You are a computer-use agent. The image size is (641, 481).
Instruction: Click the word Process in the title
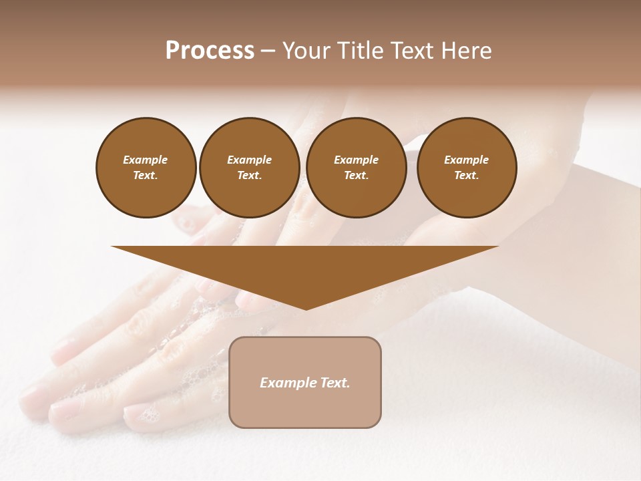[210, 51]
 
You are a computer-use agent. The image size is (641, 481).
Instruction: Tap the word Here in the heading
[465, 51]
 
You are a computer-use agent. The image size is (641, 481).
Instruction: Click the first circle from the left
[146, 168]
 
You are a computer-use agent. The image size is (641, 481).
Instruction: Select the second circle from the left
[249, 168]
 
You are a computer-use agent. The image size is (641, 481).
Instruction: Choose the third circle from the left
[356, 168]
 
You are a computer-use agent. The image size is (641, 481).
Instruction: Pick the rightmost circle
[466, 168]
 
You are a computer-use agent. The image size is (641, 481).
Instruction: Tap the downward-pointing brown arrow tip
[305, 305]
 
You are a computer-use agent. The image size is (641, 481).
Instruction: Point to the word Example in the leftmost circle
[146, 160]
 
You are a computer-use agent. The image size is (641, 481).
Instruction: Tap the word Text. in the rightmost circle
[466, 176]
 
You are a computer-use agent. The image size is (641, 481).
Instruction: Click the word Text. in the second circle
[249, 176]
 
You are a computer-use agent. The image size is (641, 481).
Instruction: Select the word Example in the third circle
[356, 160]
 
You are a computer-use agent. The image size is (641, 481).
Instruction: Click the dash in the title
[268, 51]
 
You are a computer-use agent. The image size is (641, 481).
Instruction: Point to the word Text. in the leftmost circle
[146, 176]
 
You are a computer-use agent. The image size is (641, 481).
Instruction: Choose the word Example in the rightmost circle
[466, 160]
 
